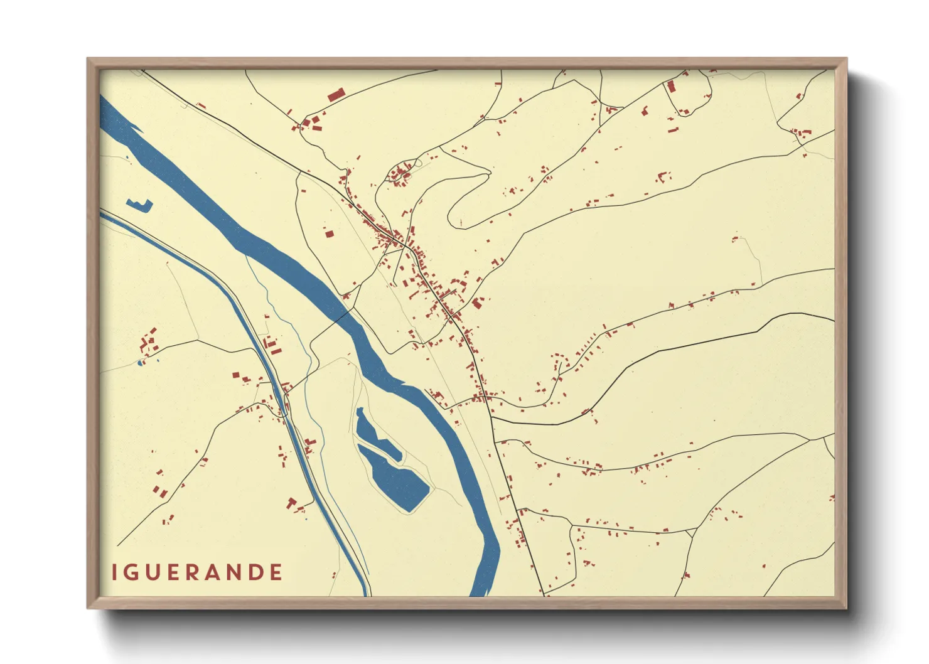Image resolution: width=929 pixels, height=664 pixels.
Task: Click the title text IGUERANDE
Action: pyautogui.click(x=197, y=572)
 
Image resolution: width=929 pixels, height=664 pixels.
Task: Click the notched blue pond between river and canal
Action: pyautogui.click(x=139, y=205)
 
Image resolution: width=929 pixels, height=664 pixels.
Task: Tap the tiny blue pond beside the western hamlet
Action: pyautogui.click(x=141, y=363)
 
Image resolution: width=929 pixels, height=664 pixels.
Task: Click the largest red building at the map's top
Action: pyautogui.click(x=336, y=95)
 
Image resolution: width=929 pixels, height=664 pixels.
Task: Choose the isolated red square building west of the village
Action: pyautogui.click(x=329, y=234)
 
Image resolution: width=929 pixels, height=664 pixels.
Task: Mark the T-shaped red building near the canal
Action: pyautogui.click(x=291, y=503)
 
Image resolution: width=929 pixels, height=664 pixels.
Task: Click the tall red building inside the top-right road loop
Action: pyautogui.click(x=670, y=87)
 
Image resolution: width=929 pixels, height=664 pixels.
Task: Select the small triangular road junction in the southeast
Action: pyautogui.click(x=690, y=534)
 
